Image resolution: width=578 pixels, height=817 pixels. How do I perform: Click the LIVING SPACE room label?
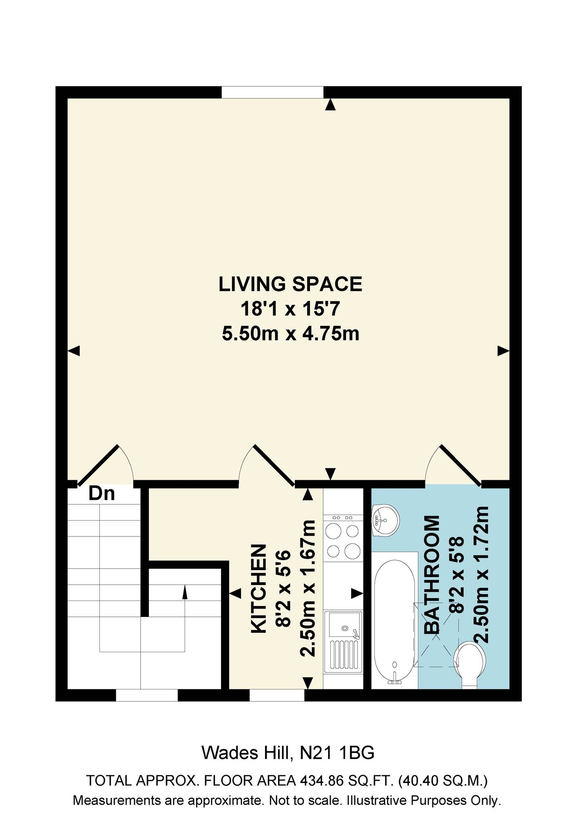(290, 284)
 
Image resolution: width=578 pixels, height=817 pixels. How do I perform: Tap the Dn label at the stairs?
(102, 493)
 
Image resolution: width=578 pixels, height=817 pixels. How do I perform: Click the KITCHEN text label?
(259, 589)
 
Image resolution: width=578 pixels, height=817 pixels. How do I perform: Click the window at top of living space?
(272, 92)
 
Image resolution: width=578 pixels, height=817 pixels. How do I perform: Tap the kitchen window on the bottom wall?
(276, 695)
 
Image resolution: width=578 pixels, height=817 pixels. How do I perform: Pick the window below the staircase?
(147, 695)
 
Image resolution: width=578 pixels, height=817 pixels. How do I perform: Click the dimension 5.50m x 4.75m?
(290, 334)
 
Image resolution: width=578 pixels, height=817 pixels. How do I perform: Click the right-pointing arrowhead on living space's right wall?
(503, 350)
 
